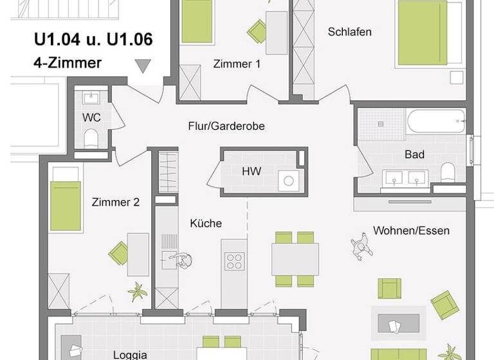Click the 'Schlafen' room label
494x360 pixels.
(349, 32)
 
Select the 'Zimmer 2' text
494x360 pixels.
(116, 202)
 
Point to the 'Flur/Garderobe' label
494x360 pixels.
(226, 126)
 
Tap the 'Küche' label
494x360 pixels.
(206, 223)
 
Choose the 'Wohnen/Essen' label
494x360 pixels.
(411, 230)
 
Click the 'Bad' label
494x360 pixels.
(414, 154)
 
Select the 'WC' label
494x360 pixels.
(91, 118)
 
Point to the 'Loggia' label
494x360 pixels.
(130, 354)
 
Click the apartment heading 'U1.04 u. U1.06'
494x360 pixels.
(93, 40)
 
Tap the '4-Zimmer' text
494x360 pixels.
(68, 63)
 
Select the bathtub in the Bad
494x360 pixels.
(435, 120)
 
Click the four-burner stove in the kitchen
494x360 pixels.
(234, 261)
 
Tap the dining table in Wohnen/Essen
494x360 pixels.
(295, 259)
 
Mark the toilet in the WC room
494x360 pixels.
(91, 139)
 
